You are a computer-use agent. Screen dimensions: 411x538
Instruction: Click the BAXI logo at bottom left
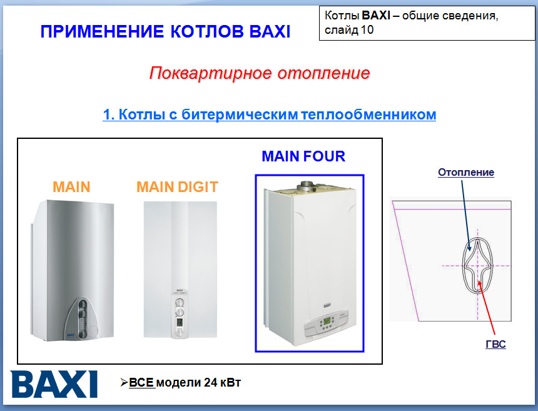[54, 383]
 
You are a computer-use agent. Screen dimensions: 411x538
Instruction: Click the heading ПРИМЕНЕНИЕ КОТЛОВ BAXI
[165, 31]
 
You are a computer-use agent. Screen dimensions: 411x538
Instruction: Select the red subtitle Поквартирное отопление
[260, 73]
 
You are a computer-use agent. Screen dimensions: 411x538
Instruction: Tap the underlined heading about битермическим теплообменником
[269, 114]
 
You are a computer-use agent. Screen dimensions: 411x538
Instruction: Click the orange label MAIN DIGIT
[177, 186]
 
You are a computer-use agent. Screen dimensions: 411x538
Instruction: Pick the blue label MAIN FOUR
[303, 156]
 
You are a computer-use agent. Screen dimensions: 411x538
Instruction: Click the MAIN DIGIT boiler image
[180, 269]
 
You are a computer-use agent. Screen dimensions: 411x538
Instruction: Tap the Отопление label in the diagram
[466, 172]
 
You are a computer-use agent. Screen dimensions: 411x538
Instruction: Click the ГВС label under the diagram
[495, 345]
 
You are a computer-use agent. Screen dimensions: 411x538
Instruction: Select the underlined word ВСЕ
[141, 382]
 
